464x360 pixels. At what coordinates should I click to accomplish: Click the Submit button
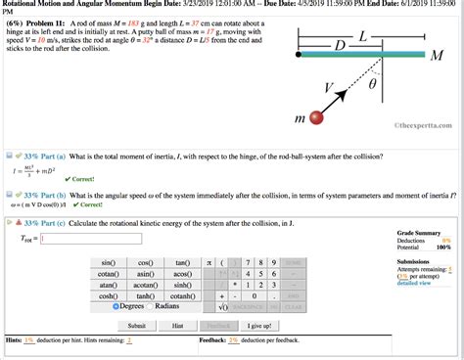click(136, 326)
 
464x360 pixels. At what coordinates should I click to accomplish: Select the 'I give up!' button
click(259, 326)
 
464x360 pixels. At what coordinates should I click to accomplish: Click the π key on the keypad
click(209, 263)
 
